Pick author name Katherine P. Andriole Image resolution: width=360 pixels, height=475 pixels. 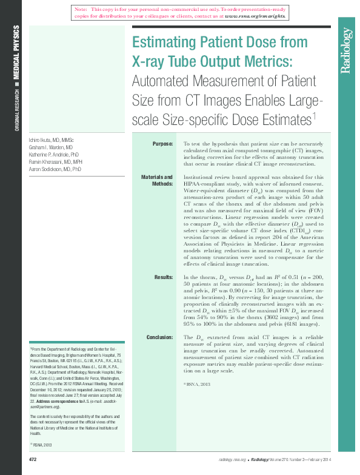point(55,155)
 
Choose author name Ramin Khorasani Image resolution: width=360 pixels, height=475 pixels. point(55,162)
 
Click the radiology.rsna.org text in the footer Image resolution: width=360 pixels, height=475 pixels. point(230,460)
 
